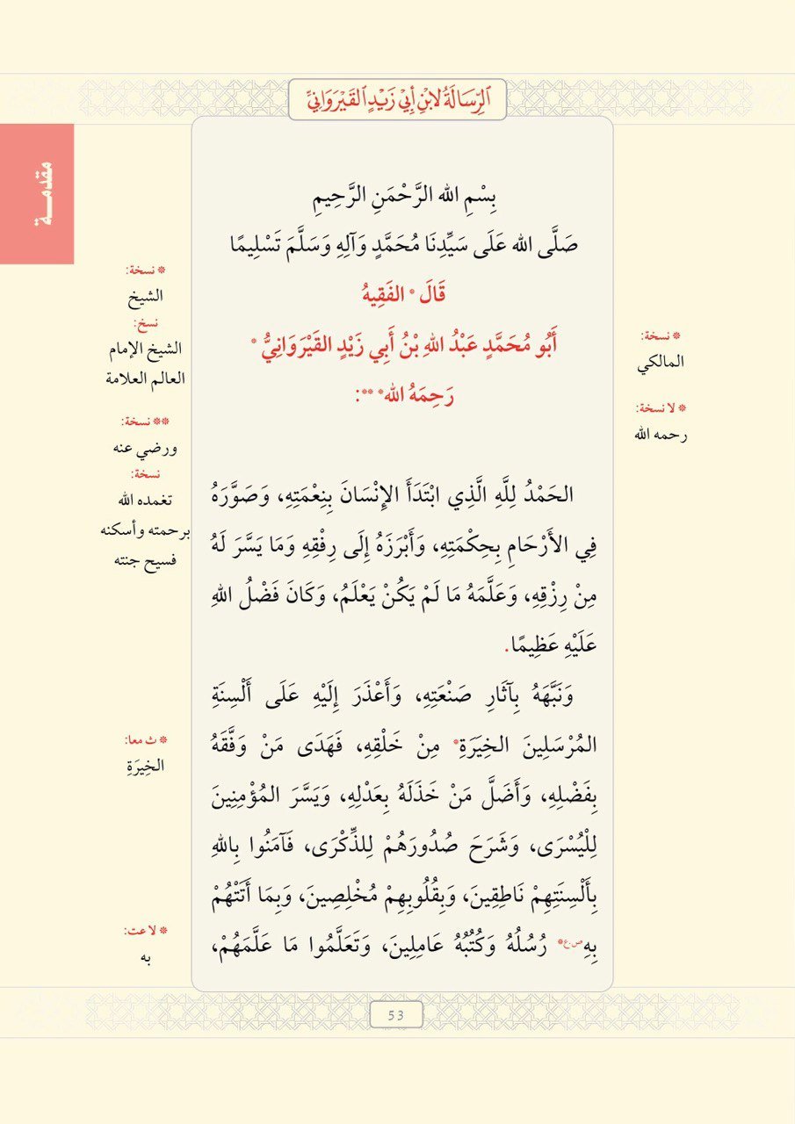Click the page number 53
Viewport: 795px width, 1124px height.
[x=396, y=1014]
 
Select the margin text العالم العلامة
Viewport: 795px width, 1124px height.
[x=144, y=378]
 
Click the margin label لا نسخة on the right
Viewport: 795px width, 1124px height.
[x=662, y=407]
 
